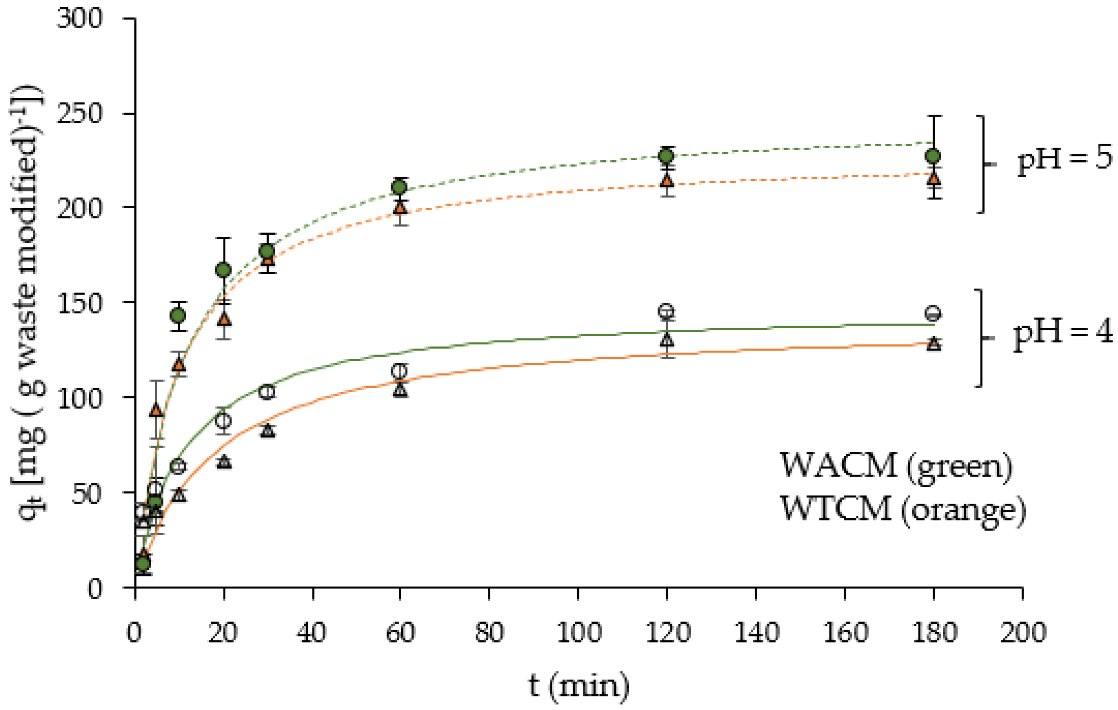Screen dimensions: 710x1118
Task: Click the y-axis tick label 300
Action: point(79,20)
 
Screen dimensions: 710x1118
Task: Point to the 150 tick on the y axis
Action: point(79,303)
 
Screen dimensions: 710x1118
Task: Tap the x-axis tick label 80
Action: point(489,633)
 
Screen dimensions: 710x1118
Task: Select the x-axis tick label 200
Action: point(1023,633)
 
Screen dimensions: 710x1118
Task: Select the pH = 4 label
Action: point(1062,333)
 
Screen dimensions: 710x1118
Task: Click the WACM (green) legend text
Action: point(896,466)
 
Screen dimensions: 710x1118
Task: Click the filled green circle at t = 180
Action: point(933,156)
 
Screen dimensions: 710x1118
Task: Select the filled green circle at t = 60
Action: point(400,187)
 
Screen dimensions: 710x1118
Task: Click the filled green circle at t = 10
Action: point(178,316)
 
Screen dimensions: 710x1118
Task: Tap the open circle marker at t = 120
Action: point(667,311)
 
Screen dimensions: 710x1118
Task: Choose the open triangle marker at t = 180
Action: point(933,344)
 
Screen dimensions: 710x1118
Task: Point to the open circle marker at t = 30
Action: point(267,392)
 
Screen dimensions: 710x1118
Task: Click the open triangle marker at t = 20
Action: point(224,462)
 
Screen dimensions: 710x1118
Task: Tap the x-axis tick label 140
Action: point(756,633)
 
